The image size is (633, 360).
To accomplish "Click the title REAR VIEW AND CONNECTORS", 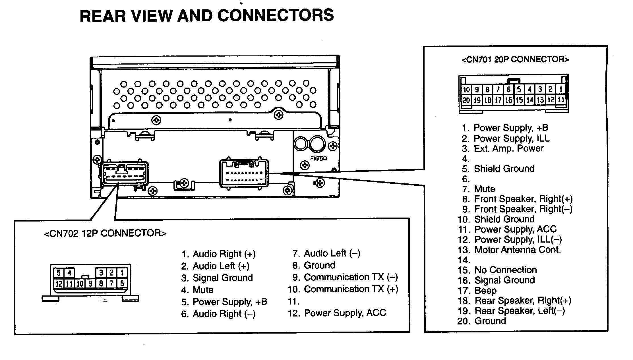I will coord(207,16).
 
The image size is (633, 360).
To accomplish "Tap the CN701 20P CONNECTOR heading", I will coord(515,60).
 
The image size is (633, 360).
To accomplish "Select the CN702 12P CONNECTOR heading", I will coord(105,233).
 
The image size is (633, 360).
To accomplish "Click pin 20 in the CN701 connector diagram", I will coord(466,100).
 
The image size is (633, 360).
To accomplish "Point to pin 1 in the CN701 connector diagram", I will coord(561,89).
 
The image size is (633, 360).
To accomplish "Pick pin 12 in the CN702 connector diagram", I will coord(59,284).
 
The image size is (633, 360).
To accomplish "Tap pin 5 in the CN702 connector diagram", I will coord(58,273).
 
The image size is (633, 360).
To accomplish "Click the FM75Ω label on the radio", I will coord(318,159).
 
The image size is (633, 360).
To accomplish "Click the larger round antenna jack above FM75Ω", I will coord(318,144).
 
